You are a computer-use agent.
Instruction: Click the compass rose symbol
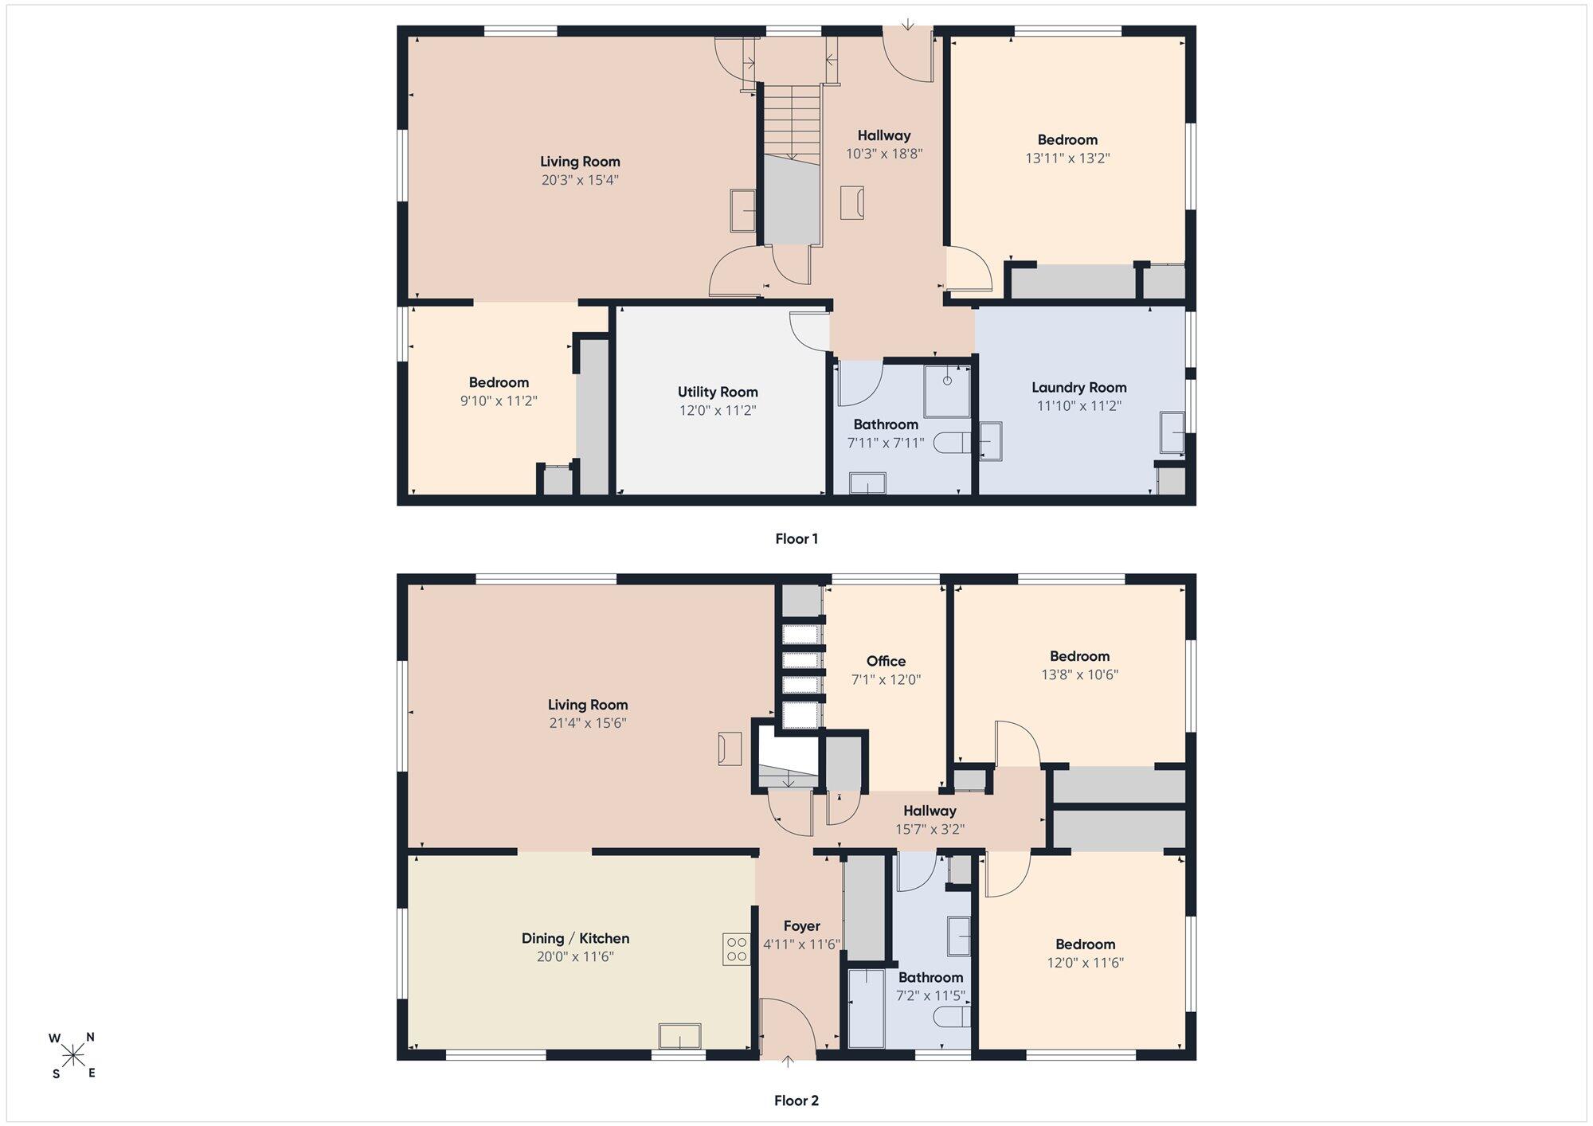coord(73,1055)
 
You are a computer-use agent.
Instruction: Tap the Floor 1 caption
coord(796,539)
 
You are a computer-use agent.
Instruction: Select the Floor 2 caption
coord(796,1101)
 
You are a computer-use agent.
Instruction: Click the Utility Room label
coord(718,392)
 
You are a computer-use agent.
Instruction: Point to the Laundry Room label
coord(1079,388)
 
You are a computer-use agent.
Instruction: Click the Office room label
coord(887,661)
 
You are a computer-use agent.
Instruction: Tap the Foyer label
coord(801,926)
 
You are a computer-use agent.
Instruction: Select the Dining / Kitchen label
coord(575,939)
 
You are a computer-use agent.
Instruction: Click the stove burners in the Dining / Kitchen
coord(737,948)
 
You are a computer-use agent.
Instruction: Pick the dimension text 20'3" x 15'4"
coord(580,180)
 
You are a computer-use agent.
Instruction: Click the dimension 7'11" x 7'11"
coord(886,443)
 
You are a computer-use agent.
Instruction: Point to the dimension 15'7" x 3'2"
coord(930,829)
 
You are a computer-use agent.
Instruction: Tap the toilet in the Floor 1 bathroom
coord(951,443)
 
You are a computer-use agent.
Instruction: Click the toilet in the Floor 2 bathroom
coord(952,1018)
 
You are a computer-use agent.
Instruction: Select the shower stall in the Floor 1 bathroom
coord(947,391)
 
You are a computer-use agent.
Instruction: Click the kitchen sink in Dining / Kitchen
coord(679,1036)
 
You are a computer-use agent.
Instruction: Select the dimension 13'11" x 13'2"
coord(1067,158)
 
